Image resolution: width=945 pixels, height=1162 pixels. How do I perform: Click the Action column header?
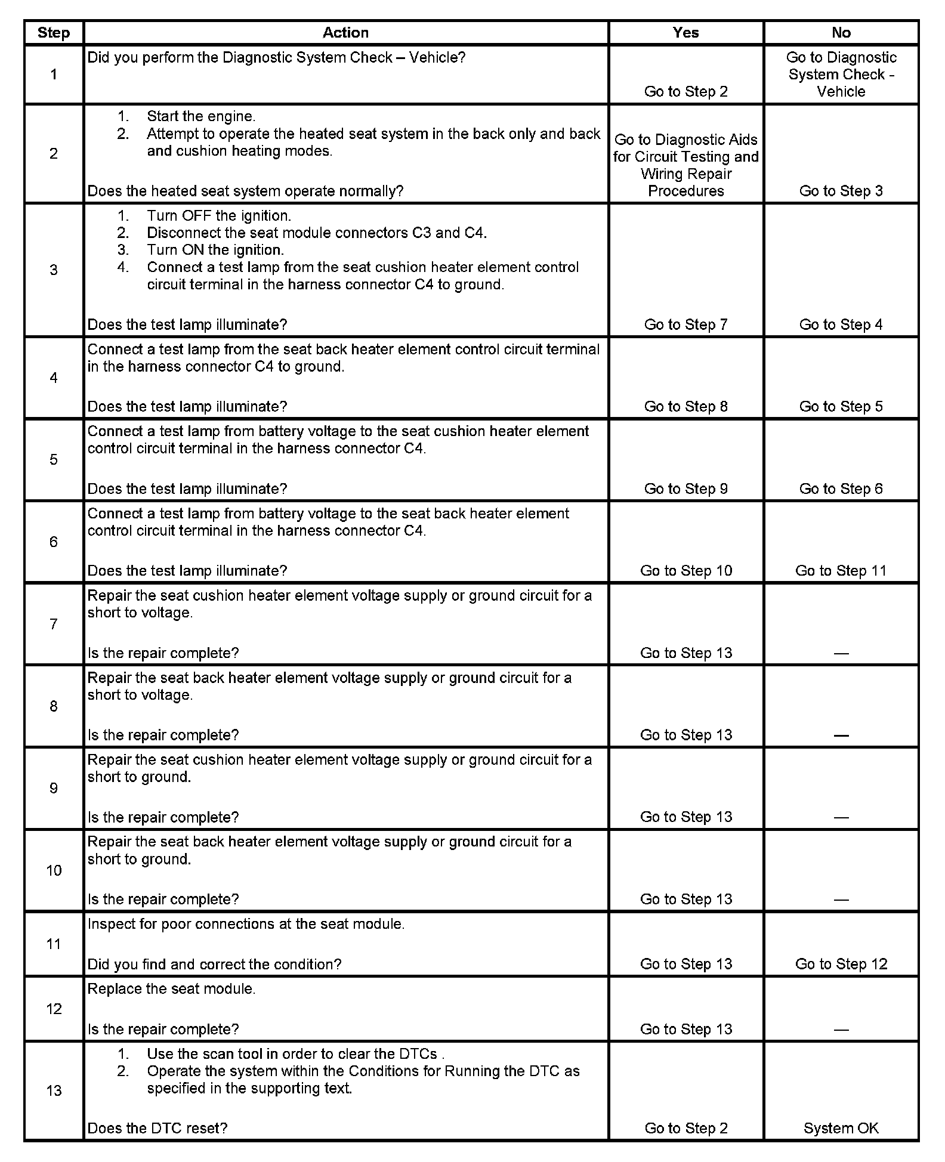click(345, 33)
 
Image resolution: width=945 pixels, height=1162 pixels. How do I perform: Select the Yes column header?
click(685, 33)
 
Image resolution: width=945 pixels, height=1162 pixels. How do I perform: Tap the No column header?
click(841, 33)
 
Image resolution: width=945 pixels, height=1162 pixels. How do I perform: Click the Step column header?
click(53, 33)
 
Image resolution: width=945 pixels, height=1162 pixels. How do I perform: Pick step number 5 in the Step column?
click(54, 460)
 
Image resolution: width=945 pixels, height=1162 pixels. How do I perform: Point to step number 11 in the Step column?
click(54, 944)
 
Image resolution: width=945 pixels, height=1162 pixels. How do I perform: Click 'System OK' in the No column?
click(841, 1128)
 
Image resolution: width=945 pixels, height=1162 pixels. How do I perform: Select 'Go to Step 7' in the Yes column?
click(685, 325)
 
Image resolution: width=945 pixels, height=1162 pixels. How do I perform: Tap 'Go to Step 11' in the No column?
click(841, 571)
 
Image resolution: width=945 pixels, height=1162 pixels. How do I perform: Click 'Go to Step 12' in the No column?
click(841, 964)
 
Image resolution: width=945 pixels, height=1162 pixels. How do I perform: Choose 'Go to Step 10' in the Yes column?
click(685, 571)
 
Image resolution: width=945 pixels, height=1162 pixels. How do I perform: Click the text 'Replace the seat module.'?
click(171, 989)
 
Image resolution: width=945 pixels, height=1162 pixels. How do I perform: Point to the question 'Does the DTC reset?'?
click(157, 1128)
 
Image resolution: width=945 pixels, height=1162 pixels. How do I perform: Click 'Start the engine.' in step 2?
click(200, 116)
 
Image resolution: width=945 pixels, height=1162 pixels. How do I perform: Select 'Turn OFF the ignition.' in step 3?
click(218, 216)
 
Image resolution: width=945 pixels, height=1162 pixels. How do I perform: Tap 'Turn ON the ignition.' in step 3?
click(215, 250)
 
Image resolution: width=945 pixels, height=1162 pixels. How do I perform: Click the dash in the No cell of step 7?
click(841, 654)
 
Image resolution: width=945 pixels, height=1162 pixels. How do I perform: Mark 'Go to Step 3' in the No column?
click(841, 191)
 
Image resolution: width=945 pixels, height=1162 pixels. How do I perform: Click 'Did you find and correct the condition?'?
click(214, 964)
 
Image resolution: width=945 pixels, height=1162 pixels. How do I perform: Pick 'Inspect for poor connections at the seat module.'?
click(246, 924)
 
